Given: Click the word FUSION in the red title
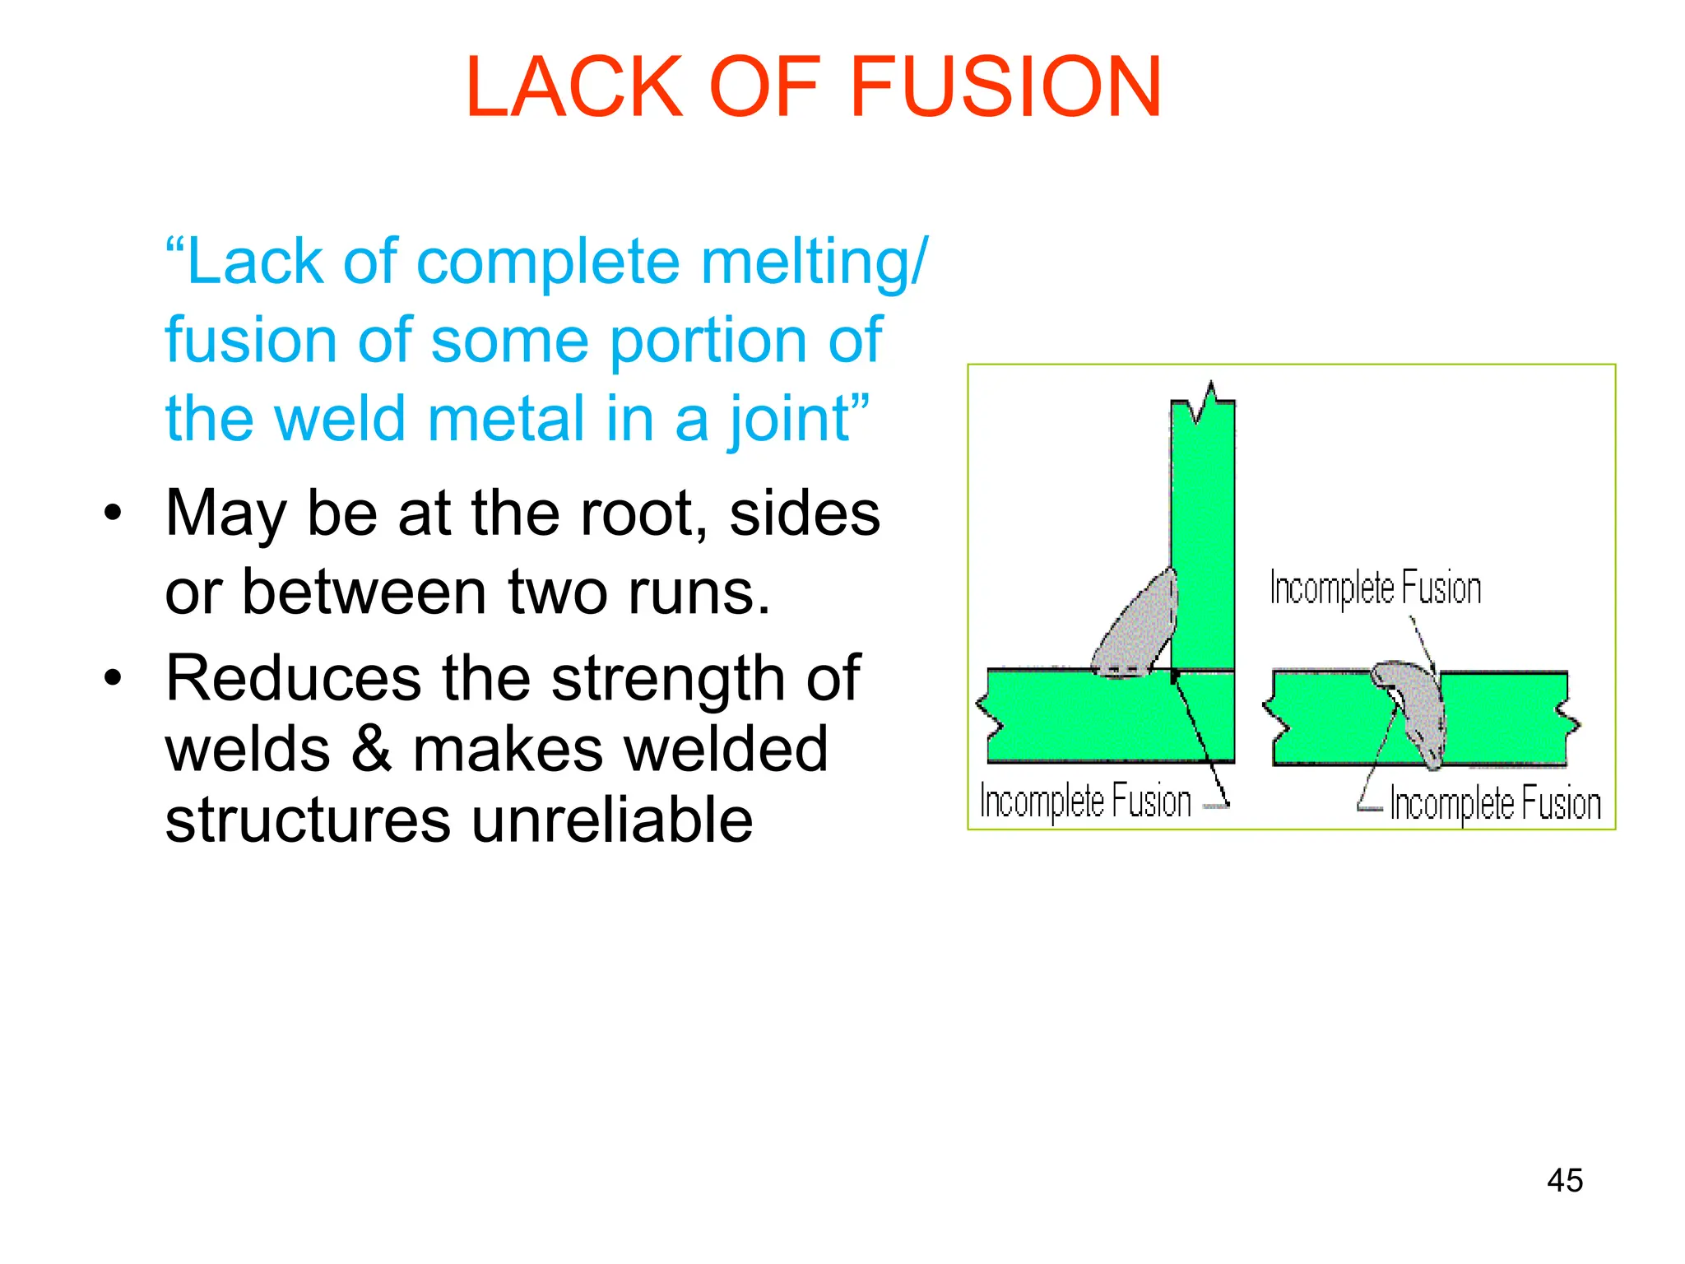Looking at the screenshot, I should [x=1005, y=87].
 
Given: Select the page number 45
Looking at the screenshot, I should [x=1564, y=1180].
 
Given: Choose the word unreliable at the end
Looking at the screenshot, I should [x=612, y=821].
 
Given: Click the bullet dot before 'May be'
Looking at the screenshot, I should [x=113, y=514].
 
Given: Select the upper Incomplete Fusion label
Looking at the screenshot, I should [x=1375, y=588].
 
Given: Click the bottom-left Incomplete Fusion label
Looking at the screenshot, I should [x=1085, y=801].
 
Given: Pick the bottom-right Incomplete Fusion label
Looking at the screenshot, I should [x=1495, y=804].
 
